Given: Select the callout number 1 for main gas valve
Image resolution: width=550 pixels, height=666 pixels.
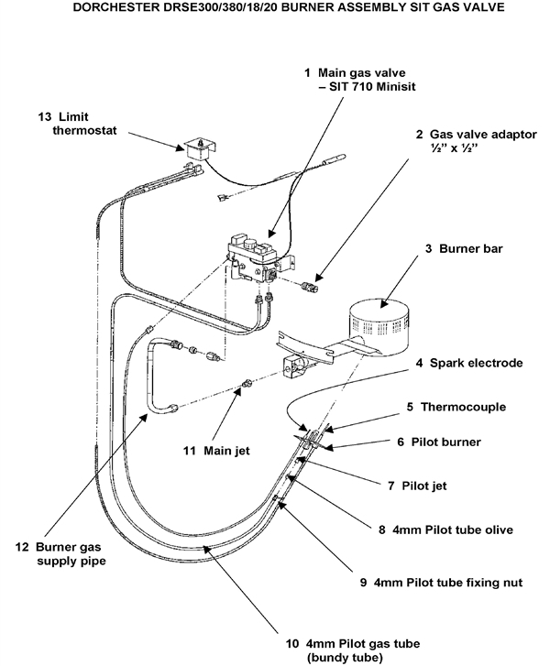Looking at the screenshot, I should (x=307, y=71).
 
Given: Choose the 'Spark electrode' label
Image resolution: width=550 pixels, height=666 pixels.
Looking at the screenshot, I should (x=476, y=363).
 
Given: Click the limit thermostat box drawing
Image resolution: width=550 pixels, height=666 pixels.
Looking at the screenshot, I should (x=193, y=147).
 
